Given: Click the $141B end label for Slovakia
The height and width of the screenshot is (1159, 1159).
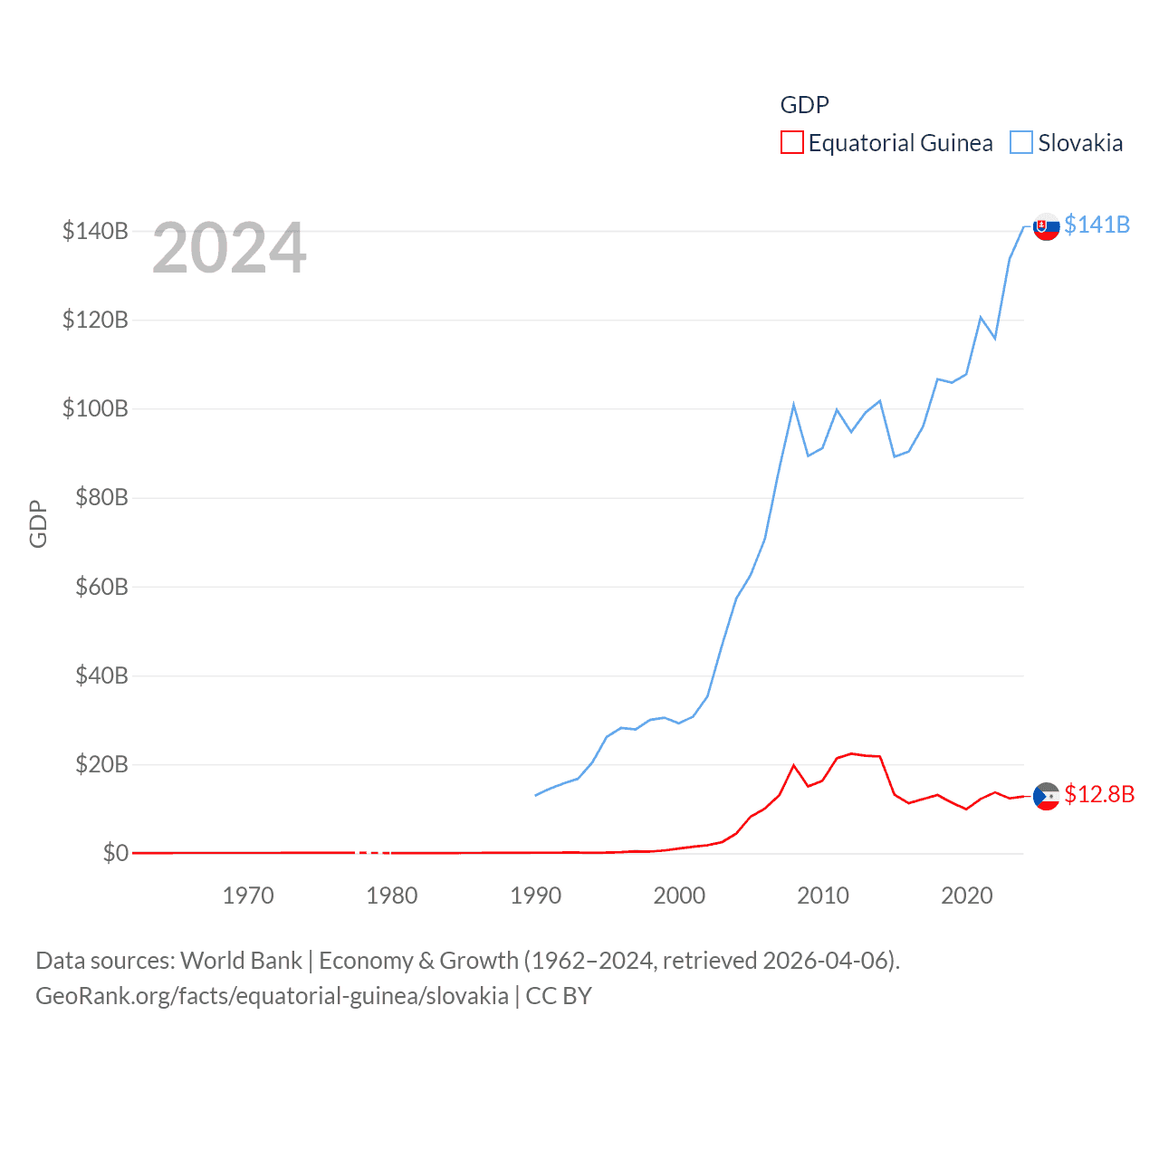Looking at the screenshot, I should (1097, 225).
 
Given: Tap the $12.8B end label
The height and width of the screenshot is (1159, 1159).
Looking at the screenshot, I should (1099, 794).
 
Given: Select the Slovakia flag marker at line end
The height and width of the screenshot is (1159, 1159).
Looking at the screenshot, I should (1047, 226).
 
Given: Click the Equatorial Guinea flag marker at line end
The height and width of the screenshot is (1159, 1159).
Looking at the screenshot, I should (1047, 796).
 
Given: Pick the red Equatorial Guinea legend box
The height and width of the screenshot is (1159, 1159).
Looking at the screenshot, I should (791, 143).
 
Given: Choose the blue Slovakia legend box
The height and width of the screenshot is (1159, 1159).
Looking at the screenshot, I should (1021, 143).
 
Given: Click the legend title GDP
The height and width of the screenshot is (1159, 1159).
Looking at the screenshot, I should (804, 105).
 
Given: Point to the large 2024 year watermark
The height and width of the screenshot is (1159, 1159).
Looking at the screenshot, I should (229, 248).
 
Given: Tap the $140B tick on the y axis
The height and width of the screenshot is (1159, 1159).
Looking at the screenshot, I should (95, 231).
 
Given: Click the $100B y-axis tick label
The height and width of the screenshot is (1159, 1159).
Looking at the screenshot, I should (95, 408).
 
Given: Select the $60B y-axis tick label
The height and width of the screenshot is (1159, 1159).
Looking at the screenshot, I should (101, 587).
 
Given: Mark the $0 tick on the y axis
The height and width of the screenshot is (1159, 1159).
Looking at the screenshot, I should (115, 853).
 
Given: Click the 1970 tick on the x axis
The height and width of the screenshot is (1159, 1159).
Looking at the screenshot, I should (248, 896).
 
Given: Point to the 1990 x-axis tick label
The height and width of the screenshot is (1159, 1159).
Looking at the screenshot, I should (536, 896).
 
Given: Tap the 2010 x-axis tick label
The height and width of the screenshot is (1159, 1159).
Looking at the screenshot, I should (823, 896).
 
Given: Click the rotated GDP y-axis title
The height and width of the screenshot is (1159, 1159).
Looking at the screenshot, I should (38, 523).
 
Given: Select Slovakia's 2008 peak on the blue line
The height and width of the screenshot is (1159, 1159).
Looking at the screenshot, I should (794, 405).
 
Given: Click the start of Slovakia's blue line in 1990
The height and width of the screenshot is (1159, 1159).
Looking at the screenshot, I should (536, 795).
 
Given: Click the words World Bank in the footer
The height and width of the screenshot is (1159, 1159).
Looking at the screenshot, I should (242, 960).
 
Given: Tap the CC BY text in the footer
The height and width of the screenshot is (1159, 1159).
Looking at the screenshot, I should (559, 996).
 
